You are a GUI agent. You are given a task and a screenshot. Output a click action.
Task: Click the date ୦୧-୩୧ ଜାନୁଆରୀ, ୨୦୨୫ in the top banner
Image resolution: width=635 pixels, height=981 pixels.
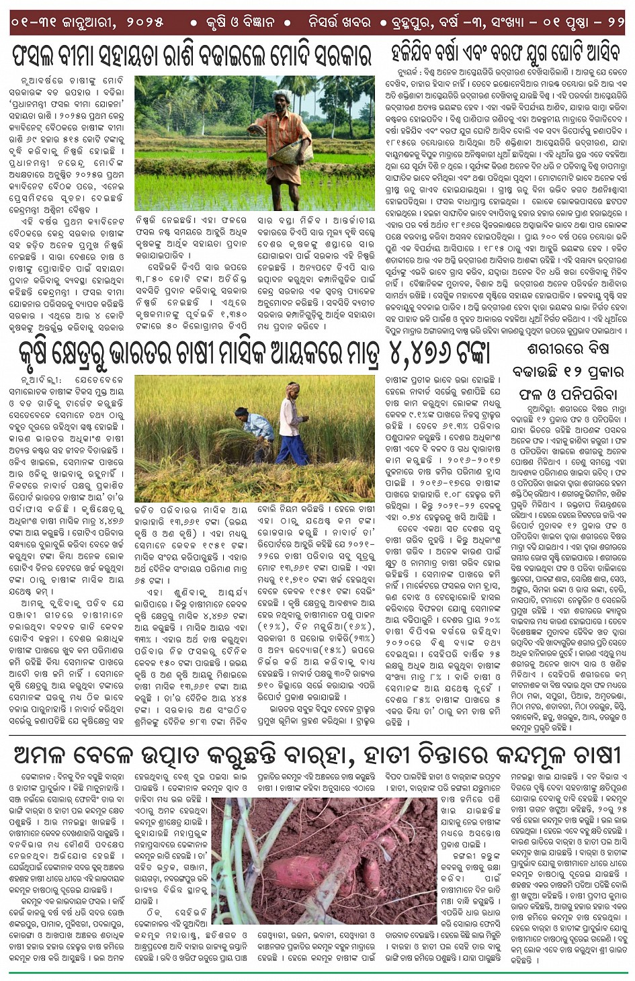tap(87, 22)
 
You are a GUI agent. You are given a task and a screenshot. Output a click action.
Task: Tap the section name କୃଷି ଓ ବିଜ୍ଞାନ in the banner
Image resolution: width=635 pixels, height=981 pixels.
tap(240, 22)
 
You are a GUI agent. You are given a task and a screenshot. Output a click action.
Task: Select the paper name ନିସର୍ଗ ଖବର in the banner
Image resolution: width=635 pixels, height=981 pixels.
tap(338, 22)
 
